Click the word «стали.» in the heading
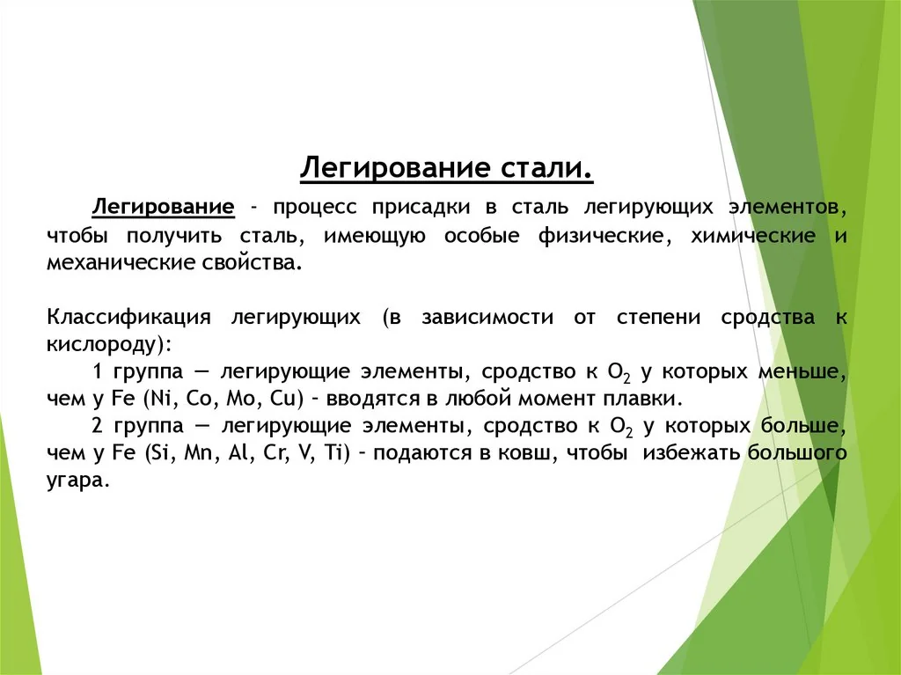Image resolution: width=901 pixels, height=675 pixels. coord(549,167)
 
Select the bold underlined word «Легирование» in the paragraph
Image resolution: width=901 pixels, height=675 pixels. coord(165,208)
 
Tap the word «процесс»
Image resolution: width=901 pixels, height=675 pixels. coord(316,208)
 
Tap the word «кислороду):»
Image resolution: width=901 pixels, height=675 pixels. coord(110,343)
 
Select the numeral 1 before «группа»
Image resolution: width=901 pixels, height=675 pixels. coord(97,371)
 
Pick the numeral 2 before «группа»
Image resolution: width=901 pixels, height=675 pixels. coord(97,426)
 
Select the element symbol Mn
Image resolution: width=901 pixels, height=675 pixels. coord(187,453)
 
